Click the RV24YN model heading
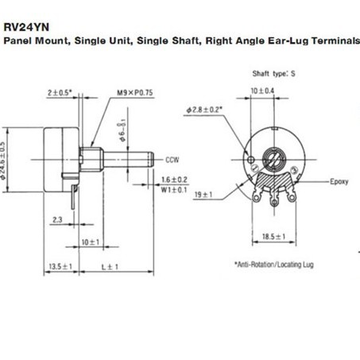pyautogui.click(x=26, y=27)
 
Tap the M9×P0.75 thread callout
pyautogui.click(x=135, y=93)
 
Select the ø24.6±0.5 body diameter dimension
pyautogui.click(x=3, y=161)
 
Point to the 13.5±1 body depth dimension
pyautogui.click(x=60, y=266)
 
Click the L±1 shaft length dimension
pyautogui.click(x=110, y=267)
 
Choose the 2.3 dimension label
pyautogui.click(x=57, y=219)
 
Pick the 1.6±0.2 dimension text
pyautogui.click(x=174, y=180)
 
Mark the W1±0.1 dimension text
pyautogui.click(x=174, y=190)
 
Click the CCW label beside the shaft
pyautogui.click(x=172, y=160)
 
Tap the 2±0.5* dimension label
pyautogui.click(x=60, y=93)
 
